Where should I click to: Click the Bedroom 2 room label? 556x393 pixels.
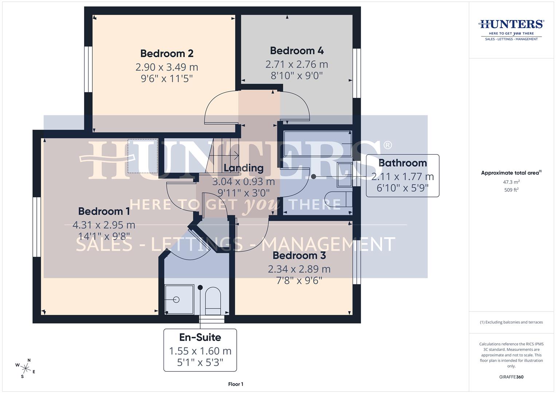[x=167, y=53]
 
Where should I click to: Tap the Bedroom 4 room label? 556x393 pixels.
[x=297, y=51]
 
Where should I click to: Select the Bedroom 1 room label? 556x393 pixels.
[x=104, y=211]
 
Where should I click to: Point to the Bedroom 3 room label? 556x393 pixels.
[x=299, y=255]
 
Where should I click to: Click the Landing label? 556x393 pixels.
[x=243, y=168]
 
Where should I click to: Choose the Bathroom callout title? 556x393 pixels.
[x=402, y=163]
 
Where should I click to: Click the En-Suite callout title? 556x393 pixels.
[x=200, y=337]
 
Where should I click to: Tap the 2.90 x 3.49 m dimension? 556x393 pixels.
[x=167, y=67]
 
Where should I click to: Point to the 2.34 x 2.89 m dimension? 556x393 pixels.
[x=299, y=269]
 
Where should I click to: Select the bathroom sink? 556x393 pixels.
[x=344, y=174]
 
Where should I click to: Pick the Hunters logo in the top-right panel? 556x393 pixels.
[x=511, y=29]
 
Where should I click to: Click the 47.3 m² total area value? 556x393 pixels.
[x=511, y=182]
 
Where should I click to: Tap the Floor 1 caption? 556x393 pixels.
[x=236, y=384]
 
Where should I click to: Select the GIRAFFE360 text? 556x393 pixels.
[x=511, y=377]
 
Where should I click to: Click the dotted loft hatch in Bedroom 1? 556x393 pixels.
[x=143, y=156]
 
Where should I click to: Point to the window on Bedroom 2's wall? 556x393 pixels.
[x=88, y=69]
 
